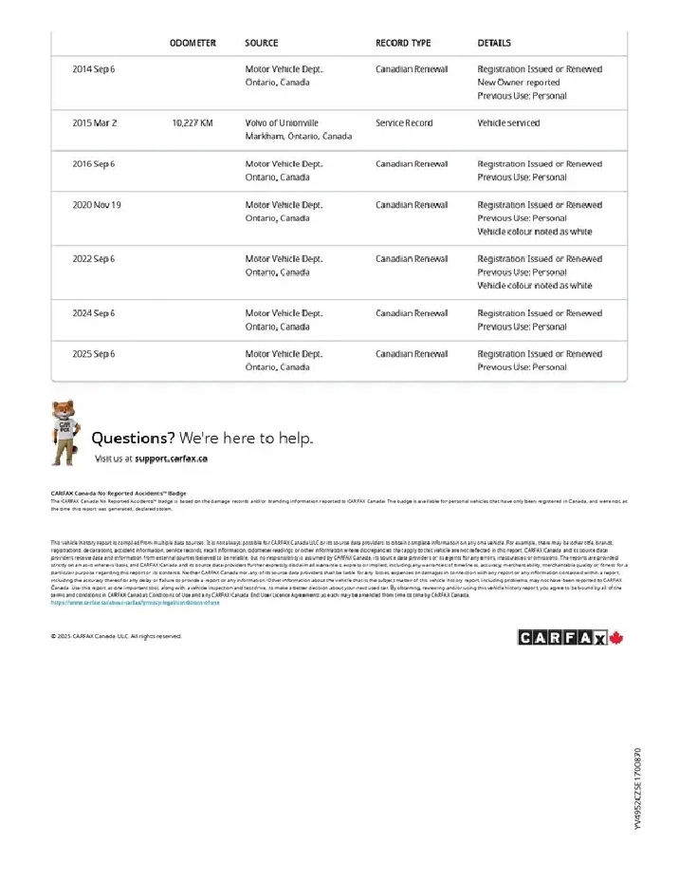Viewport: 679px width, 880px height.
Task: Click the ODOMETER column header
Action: [x=193, y=43]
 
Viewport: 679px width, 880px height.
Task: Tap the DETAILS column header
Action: [x=494, y=43]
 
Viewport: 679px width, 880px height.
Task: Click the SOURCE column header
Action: [x=261, y=43]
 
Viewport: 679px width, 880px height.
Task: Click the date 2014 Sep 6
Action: [x=94, y=69]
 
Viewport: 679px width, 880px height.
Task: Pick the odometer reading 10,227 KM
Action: [x=193, y=123]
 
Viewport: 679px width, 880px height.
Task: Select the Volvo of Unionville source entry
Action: [x=282, y=123]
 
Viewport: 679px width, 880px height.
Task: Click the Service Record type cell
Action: [x=404, y=123]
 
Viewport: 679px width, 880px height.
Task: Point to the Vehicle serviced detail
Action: [x=508, y=123]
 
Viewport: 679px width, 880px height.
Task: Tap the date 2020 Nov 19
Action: [x=97, y=205]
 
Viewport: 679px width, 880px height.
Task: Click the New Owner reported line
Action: [x=518, y=83]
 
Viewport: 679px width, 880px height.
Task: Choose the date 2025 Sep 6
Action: [x=94, y=354]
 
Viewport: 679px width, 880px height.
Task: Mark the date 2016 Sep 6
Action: [x=94, y=164]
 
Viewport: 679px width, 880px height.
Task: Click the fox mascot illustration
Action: [x=64, y=433]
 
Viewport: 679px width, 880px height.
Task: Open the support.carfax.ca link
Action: [x=171, y=459]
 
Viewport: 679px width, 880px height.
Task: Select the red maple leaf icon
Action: [x=615, y=638]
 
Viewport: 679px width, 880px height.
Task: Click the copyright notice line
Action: [x=116, y=636]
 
